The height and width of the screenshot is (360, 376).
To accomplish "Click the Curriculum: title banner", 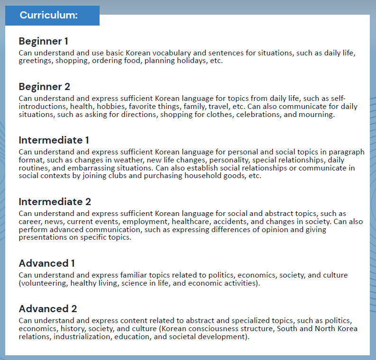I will [49, 15].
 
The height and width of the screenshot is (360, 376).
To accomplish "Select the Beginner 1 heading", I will [44, 41].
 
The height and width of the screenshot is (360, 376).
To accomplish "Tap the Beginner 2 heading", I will [45, 87].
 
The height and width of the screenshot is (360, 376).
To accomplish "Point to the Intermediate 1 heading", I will [54, 140].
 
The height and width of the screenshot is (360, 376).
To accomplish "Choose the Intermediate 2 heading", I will [55, 202].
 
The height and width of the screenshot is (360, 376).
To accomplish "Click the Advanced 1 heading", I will [47, 263].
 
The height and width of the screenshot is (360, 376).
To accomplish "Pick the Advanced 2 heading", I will [48, 309].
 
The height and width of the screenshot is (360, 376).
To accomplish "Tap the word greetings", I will [36, 61].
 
